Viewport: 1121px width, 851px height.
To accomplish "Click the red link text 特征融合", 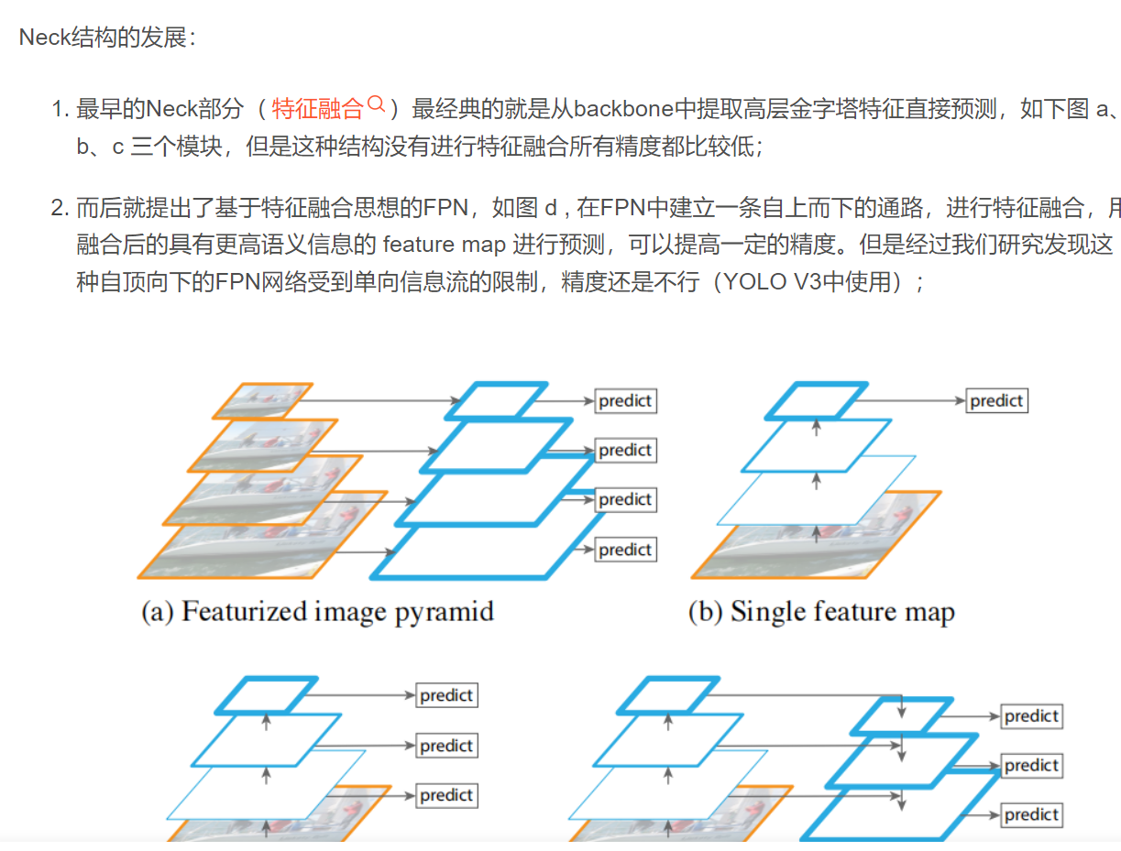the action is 318,110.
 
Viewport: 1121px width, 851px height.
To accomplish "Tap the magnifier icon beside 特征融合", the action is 376,106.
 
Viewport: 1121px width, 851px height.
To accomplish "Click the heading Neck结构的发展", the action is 107,38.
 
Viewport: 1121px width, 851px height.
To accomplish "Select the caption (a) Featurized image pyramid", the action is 317,612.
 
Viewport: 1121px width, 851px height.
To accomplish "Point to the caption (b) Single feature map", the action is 821,612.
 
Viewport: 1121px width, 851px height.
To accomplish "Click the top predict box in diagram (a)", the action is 626,401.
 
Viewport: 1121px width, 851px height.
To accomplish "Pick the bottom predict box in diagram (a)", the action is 626,550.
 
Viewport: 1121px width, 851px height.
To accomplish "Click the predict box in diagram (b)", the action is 996,401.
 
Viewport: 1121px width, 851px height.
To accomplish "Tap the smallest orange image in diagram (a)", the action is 261,399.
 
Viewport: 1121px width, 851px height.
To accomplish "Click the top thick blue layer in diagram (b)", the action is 816,400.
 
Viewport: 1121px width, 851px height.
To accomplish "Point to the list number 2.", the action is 60,209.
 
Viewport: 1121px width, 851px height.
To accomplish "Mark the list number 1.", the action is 60,110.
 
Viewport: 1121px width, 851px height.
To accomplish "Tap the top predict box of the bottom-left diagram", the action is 446,696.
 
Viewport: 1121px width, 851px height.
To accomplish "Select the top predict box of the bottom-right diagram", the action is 1031,716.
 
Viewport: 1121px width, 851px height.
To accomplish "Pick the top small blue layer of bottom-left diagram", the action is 267,695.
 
